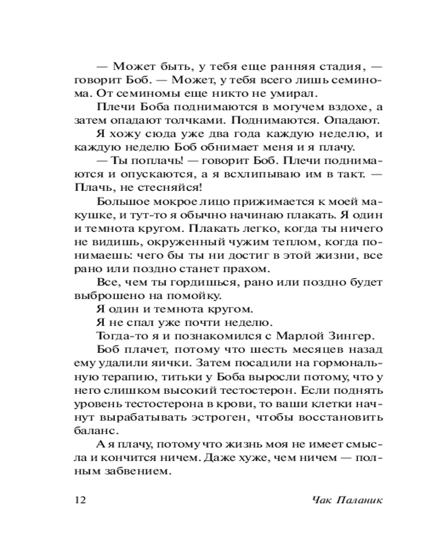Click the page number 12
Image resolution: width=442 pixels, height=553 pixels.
tap(80, 499)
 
